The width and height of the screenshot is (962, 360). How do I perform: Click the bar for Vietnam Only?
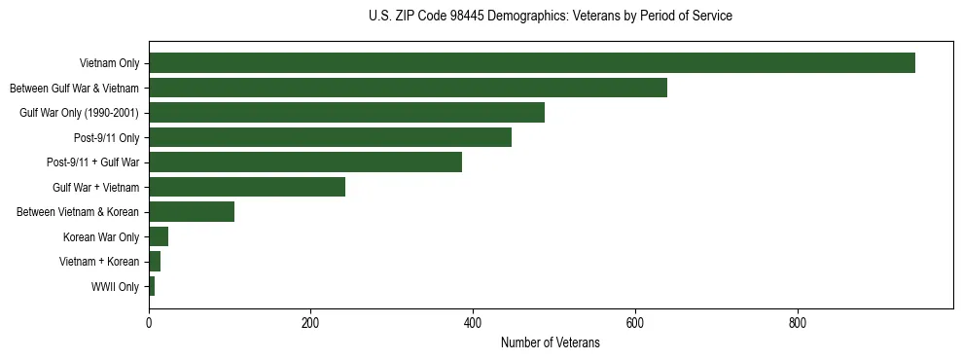[x=531, y=63]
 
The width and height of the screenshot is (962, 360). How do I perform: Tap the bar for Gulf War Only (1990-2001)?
[x=346, y=113]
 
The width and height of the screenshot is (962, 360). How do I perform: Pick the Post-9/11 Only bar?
[x=330, y=137]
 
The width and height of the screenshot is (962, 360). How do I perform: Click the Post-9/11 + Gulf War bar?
[x=305, y=162]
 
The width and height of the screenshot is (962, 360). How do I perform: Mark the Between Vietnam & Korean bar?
[x=192, y=212]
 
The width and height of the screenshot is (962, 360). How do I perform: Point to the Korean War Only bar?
[x=159, y=236]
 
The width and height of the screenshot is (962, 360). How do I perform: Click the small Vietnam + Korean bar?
[x=155, y=262]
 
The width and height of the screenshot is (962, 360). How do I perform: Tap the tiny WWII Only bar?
[x=152, y=286]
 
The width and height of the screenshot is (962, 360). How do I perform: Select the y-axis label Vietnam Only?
[x=109, y=64]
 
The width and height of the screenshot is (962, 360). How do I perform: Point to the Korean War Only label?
[x=101, y=237]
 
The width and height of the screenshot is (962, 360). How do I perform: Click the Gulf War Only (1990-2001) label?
[x=79, y=114]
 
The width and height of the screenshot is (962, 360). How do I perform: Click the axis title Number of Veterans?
[x=550, y=343]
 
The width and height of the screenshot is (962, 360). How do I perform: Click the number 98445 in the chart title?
[x=490, y=17]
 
